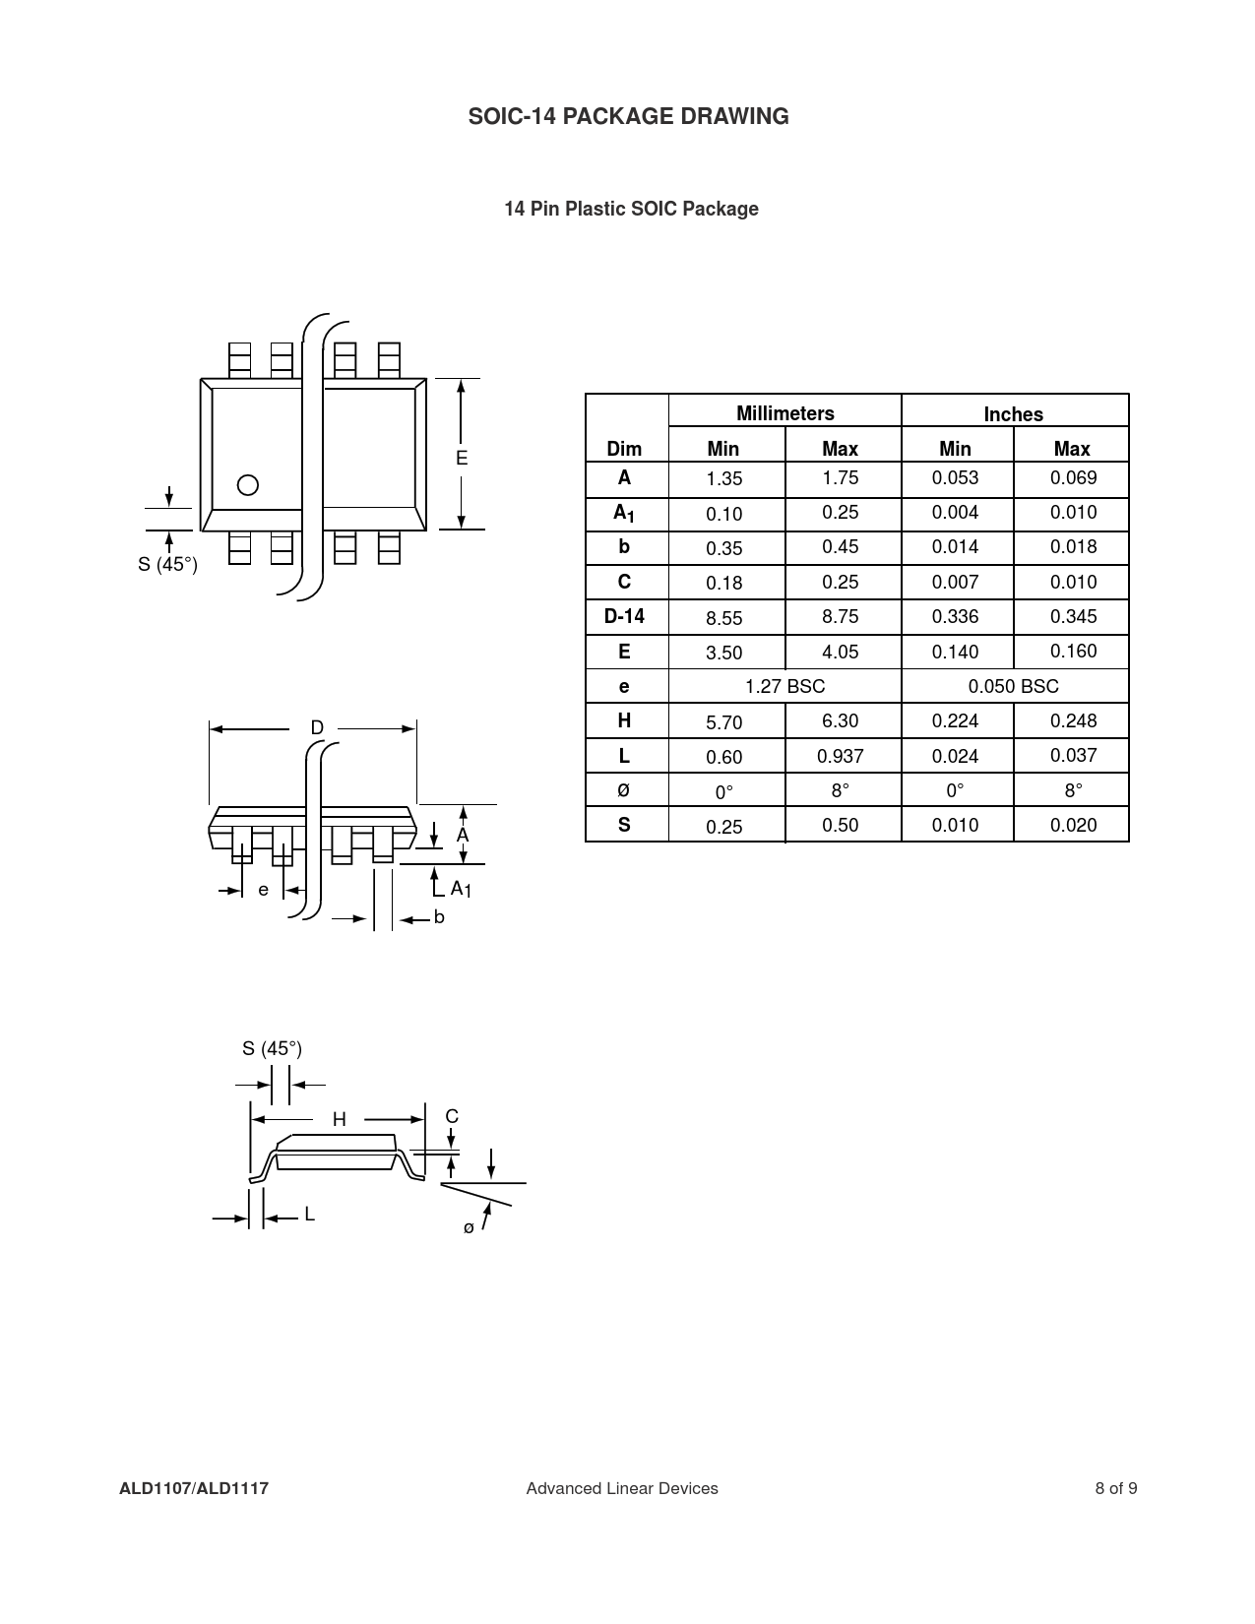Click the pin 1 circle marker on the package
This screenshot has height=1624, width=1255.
tap(247, 485)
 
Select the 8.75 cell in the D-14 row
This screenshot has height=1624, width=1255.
tap(841, 616)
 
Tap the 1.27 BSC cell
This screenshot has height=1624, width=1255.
tap(784, 686)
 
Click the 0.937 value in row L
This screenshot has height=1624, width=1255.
tap(841, 756)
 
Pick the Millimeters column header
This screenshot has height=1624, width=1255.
tap(784, 413)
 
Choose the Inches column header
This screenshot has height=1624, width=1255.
tap(1013, 414)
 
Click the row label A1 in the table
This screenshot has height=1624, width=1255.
tap(624, 514)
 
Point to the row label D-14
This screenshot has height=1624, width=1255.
tap(624, 616)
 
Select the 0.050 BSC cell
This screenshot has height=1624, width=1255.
tap(1013, 686)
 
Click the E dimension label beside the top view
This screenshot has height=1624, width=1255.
tap(462, 458)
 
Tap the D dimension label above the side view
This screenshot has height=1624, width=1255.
tap(317, 727)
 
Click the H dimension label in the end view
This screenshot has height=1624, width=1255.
tap(340, 1119)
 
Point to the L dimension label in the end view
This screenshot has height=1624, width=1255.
tap(309, 1215)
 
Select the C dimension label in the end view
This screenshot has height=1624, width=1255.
tap(452, 1116)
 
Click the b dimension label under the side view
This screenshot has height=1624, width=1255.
tap(439, 916)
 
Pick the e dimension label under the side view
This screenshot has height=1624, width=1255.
tap(263, 890)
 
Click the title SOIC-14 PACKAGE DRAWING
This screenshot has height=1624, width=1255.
tap(628, 116)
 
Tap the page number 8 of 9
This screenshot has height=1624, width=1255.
tap(1116, 1488)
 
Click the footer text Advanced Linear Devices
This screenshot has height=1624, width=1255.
tap(622, 1488)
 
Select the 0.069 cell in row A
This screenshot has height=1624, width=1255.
tap(1073, 477)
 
